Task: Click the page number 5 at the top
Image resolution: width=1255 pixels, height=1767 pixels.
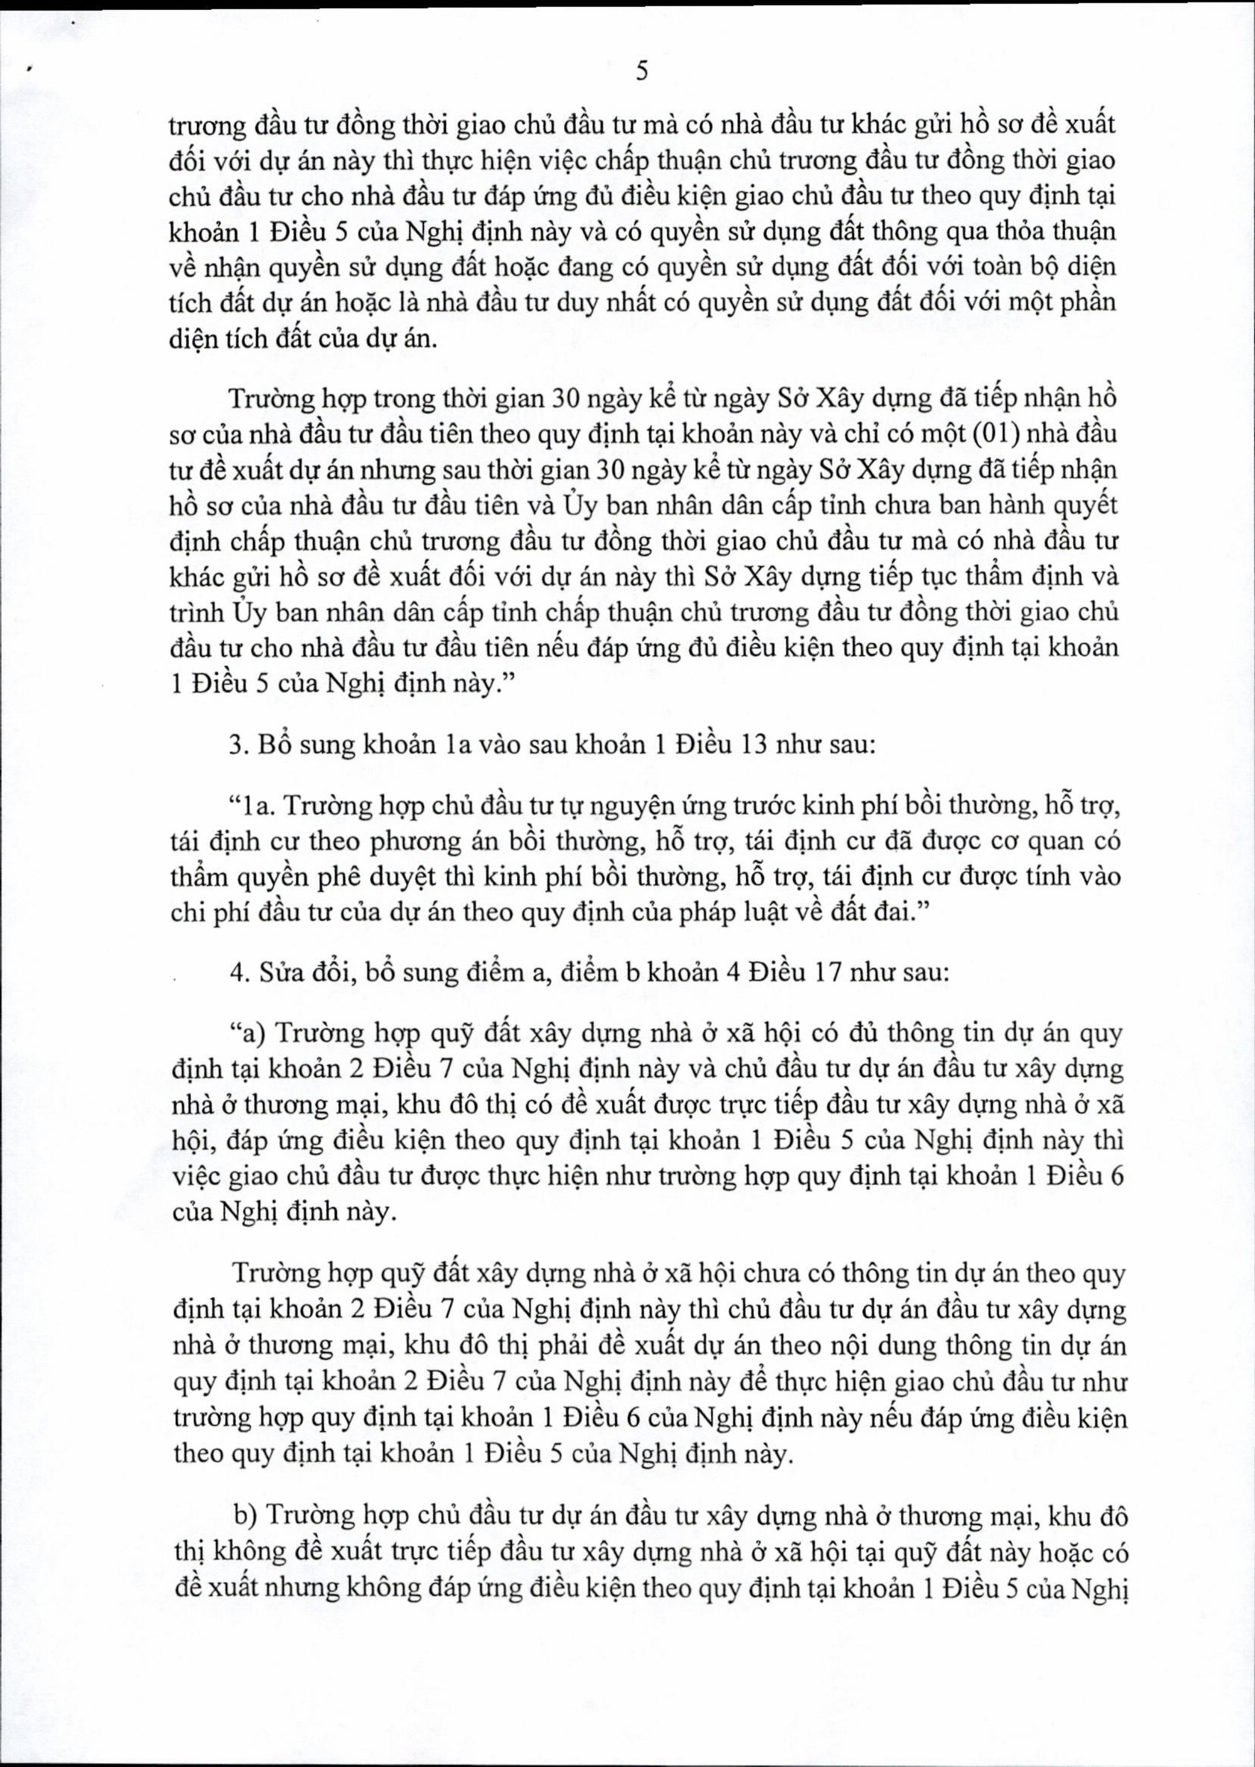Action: (641, 72)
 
